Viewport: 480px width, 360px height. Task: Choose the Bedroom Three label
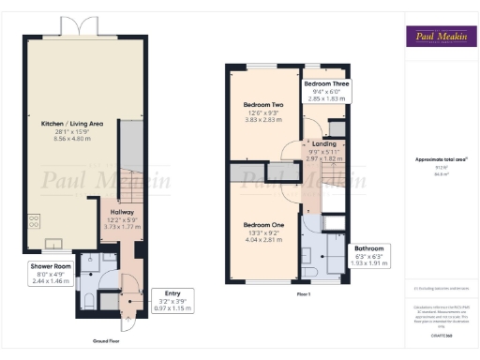pos(328,83)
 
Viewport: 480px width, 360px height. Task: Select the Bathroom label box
pos(366,250)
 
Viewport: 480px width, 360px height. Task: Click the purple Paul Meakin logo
pos(438,37)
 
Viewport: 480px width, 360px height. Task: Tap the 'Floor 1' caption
pos(304,293)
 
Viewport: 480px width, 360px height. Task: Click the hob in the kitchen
pos(35,223)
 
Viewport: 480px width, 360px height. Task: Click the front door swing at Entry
pos(130,320)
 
